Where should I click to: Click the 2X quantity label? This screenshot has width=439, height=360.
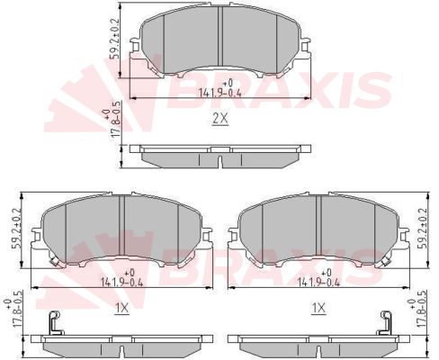pos(220,119)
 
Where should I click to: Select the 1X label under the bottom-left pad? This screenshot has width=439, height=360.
pos(122,308)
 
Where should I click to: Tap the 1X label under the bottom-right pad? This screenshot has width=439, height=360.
pos(318,308)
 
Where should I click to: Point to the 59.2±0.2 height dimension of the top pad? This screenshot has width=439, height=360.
pos(115,39)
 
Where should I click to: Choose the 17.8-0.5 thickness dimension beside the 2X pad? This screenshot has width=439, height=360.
pos(112,120)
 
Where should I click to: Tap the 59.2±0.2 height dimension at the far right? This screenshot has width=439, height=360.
pos(423,229)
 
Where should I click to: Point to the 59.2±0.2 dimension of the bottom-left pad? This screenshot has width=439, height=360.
pos(16,229)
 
